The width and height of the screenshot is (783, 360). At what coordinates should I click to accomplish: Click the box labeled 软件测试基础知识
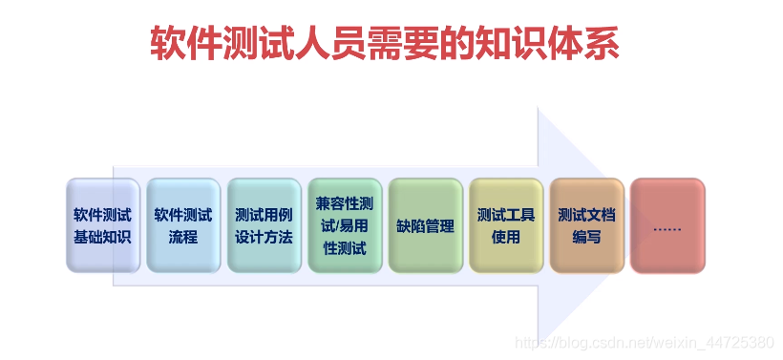click(103, 225)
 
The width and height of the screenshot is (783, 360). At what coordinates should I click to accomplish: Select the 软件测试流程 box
click(183, 225)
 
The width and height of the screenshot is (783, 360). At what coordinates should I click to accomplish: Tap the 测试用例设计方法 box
click(264, 225)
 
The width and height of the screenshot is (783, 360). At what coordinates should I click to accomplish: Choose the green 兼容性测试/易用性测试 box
click(345, 225)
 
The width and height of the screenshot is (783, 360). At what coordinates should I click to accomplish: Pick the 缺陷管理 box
click(425, 226)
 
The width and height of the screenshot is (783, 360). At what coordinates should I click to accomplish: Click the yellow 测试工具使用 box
click(506, 225)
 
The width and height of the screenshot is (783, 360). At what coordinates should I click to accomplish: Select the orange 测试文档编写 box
click(586, 225)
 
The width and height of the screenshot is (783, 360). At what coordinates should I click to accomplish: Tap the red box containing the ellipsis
click(667, 226)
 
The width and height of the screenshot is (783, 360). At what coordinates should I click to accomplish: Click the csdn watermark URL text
click(643, 342)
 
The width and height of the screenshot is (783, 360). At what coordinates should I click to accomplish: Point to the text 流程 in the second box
click(183, 237)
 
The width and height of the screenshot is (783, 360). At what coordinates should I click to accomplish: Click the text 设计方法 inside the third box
click(264, 237)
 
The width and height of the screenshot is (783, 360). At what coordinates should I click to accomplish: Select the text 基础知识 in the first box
click(103, 237)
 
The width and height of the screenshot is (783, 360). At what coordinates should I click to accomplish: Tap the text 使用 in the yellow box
click(506, 237)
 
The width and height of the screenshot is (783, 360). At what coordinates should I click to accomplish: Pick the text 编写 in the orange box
click(586, 237)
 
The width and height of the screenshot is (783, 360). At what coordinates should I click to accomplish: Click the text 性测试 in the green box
click(345, 248)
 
